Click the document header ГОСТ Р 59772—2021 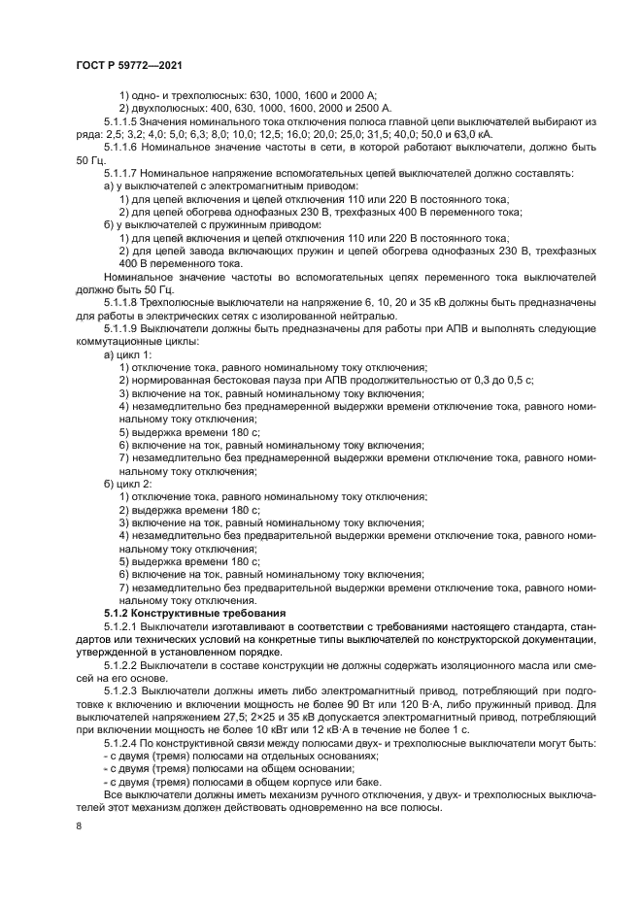click(128, 64)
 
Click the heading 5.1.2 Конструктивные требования click(194, 614)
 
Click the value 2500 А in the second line click(371, 107)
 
